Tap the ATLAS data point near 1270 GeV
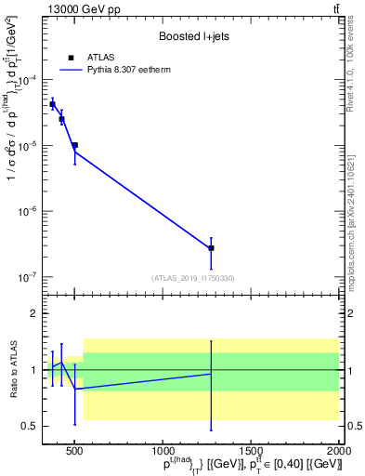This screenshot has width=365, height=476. (x=211, y=248)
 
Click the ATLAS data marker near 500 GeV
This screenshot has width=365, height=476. (x=74, y=145)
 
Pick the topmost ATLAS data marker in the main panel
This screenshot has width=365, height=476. (x=53, y=104)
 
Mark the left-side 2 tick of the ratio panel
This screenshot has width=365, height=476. (x=33, y=313)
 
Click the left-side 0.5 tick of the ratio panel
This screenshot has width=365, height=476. (x=31, y=427)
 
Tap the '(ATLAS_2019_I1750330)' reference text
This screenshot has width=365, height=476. (x=191, y=278)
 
